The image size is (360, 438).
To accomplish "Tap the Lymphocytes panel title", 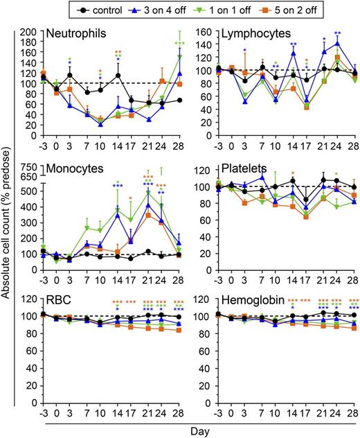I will pos(244,33).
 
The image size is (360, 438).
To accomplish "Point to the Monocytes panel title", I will pos(71,168).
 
